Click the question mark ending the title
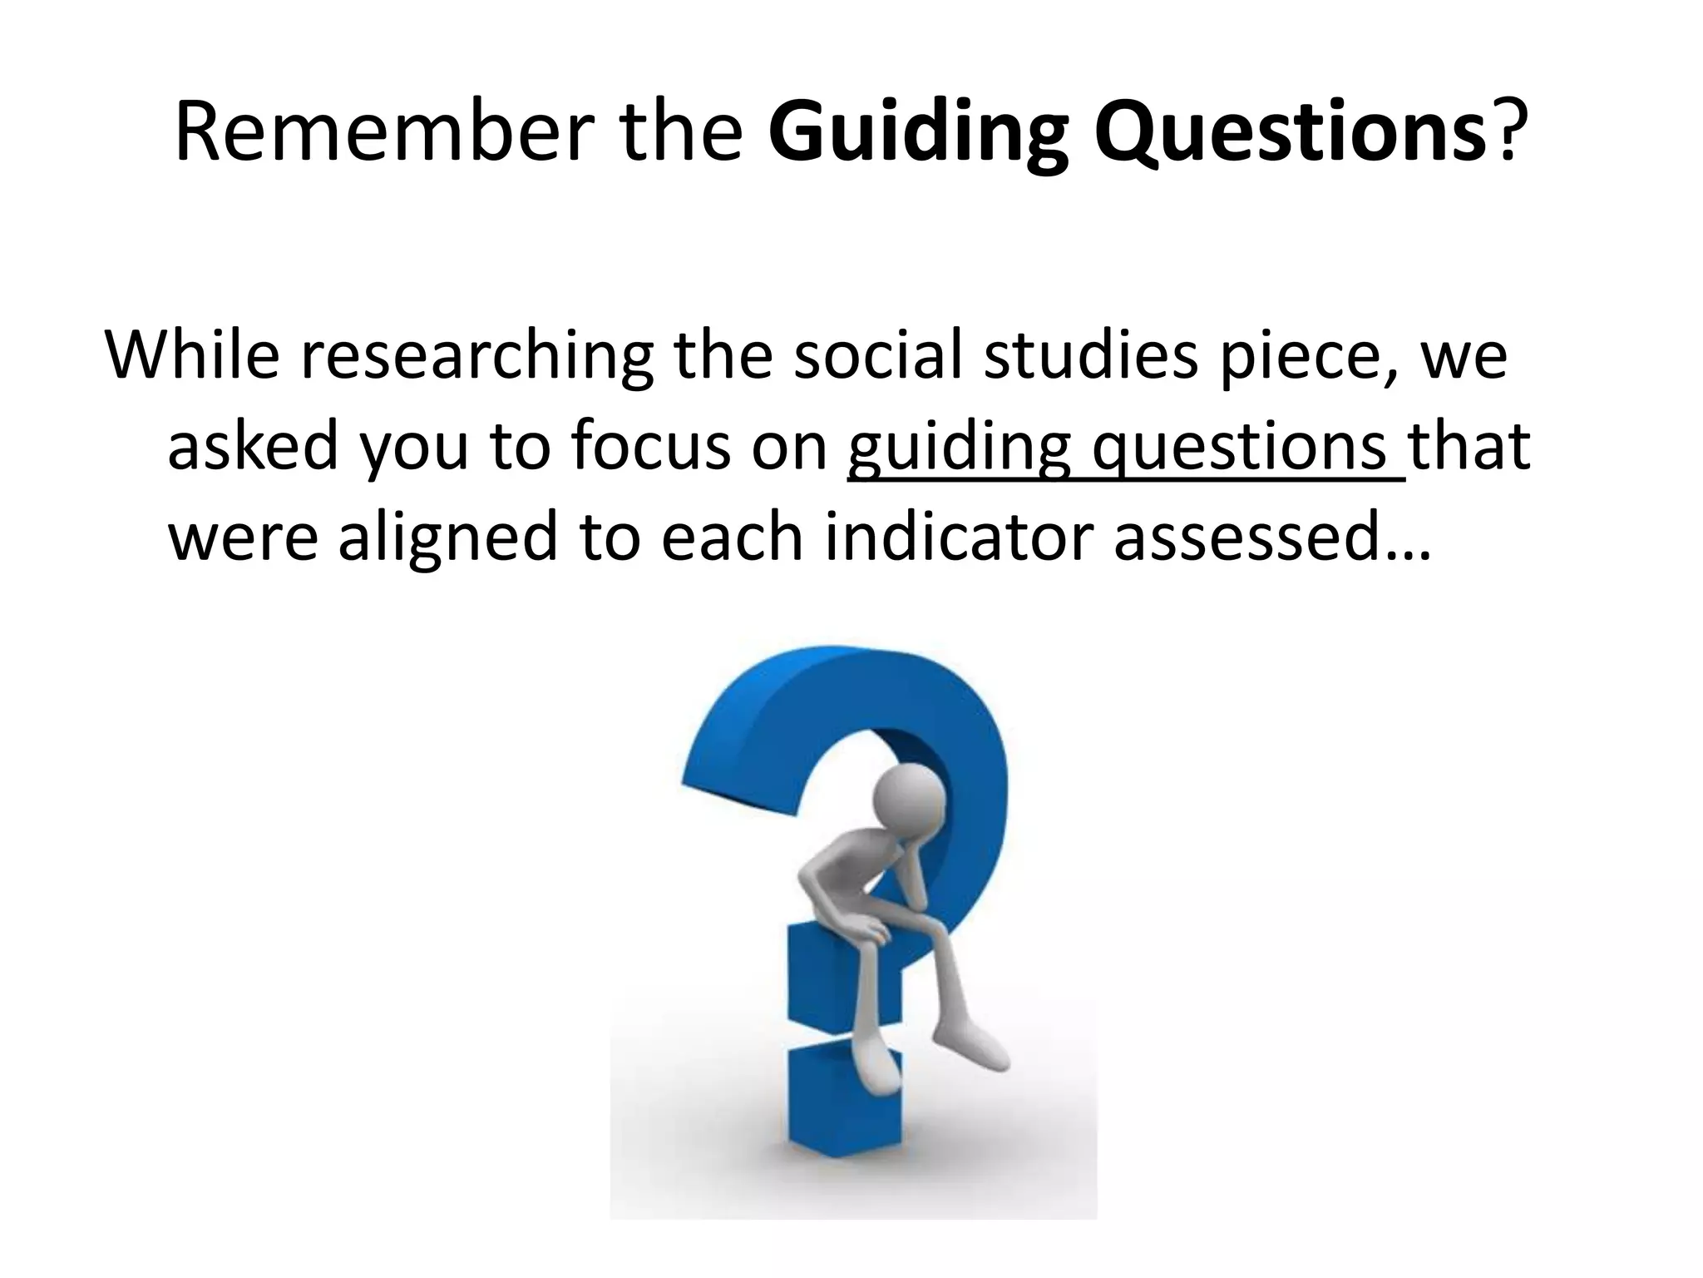tap(1508, 131)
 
